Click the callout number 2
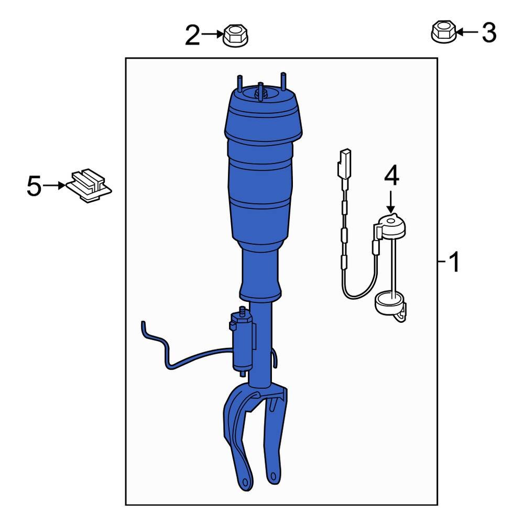193,36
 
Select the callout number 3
488,33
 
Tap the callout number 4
391,177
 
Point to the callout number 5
34,186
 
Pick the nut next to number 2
236,36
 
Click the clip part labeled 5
89,186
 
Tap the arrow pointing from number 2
212,35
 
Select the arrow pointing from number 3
466,32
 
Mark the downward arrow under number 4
391,202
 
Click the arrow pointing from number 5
54,185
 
